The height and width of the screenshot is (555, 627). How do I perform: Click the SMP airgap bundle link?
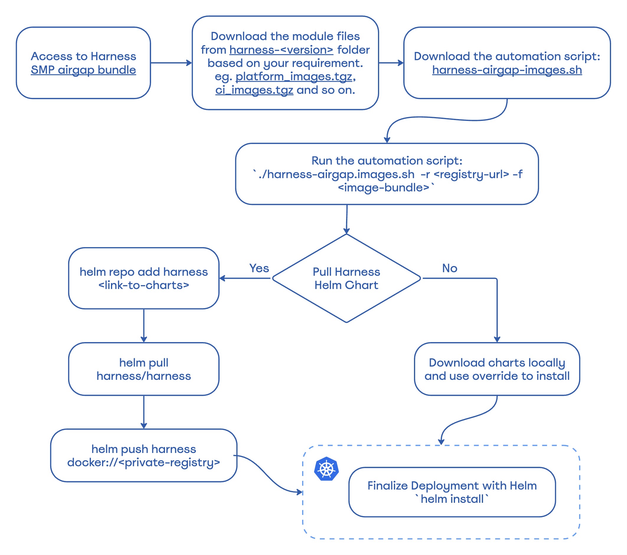(83, 70)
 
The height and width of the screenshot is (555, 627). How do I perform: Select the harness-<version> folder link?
(281, 50)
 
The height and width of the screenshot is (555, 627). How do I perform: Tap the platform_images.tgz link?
(294, 76)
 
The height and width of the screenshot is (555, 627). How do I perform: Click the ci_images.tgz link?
(254, 90)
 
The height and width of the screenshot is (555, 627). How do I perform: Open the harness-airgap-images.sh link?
(507, 70)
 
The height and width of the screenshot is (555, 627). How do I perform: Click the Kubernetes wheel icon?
(326, 469)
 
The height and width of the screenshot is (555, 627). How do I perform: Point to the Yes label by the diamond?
(259, 268)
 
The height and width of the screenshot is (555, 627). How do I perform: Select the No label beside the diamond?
(449, 268)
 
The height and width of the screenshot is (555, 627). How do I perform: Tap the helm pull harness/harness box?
(144, 369)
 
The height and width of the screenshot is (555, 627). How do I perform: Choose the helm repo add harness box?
(144, 278)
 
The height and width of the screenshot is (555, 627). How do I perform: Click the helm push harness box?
(144, 455)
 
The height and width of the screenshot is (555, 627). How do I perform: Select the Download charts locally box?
(497, 369)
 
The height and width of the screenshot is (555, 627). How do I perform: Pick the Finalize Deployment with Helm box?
(452, 492)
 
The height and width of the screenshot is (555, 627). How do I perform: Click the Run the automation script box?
(387, 174)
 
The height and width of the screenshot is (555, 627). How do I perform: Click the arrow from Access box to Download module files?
(171, 63)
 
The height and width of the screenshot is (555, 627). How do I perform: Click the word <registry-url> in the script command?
(471, 174)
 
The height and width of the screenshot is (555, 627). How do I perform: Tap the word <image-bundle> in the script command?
(383, 187)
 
